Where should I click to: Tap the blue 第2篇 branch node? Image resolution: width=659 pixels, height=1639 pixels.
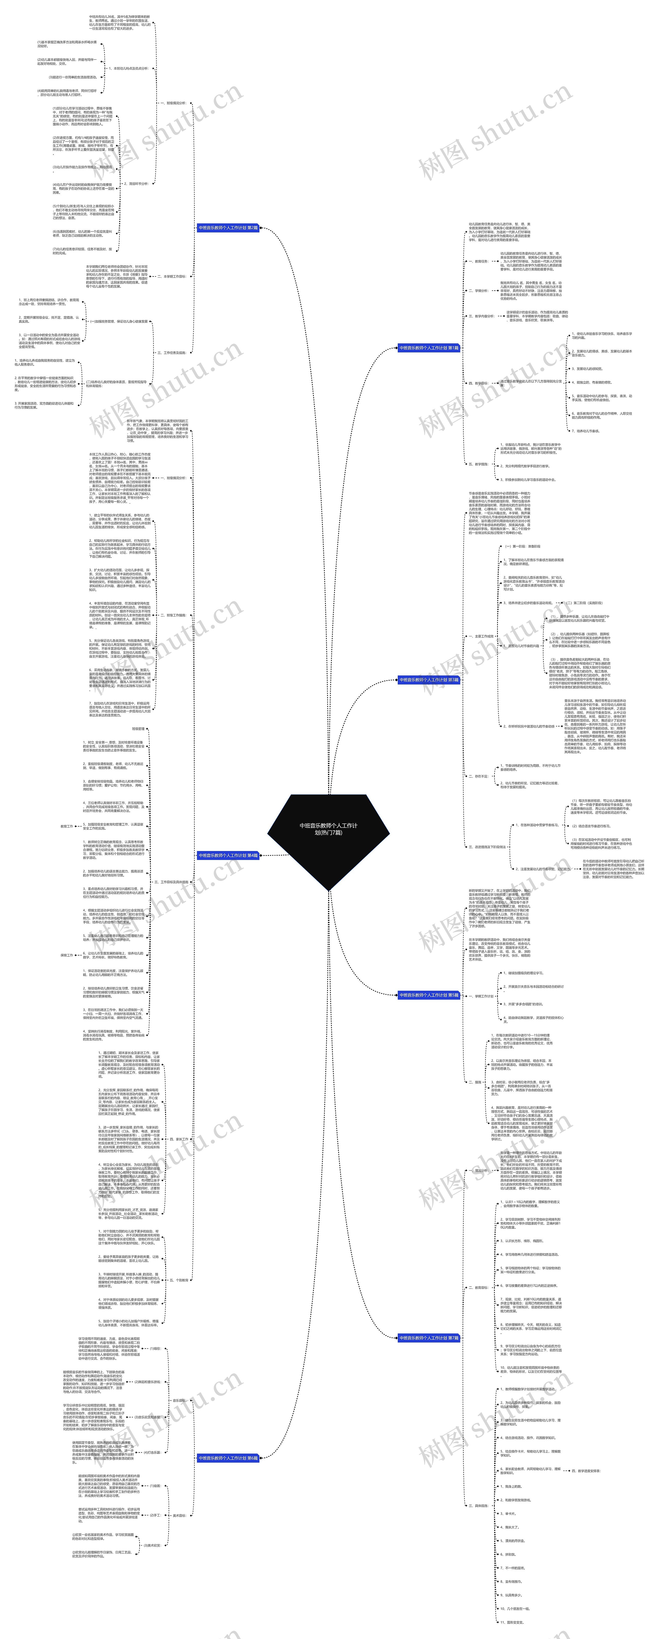click(228, 228)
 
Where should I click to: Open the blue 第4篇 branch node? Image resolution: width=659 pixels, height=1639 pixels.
click(228, 855)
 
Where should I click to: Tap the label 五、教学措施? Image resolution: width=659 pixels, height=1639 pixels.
click(478, 464)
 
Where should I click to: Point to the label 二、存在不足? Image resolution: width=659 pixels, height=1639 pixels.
click(478, 776)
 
